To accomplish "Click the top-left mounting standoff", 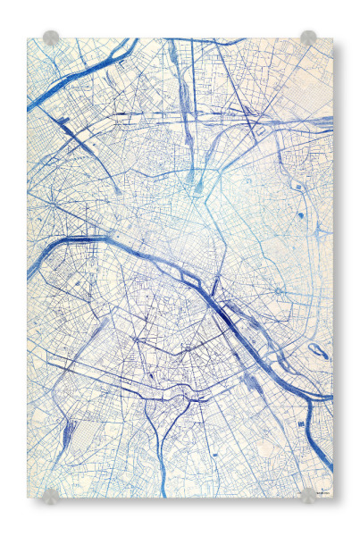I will (51, 38).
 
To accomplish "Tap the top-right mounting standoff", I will (308, 38).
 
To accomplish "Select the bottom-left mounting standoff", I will (51, 494).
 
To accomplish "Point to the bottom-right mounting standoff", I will (308, 494).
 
